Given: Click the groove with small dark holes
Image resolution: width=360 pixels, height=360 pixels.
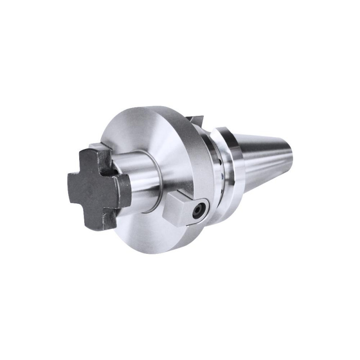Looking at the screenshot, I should [220, 166].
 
